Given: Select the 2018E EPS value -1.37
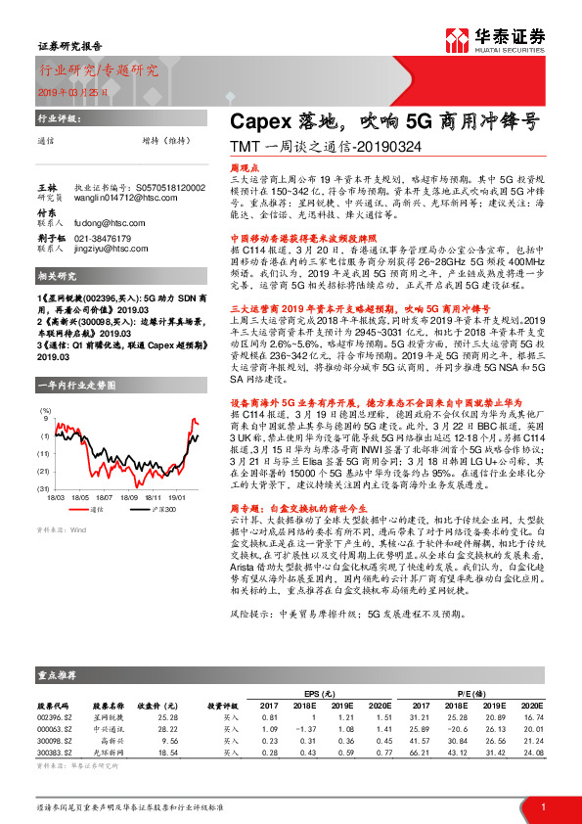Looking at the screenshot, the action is (301, 730).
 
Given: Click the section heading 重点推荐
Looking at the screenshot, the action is (58, 676).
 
